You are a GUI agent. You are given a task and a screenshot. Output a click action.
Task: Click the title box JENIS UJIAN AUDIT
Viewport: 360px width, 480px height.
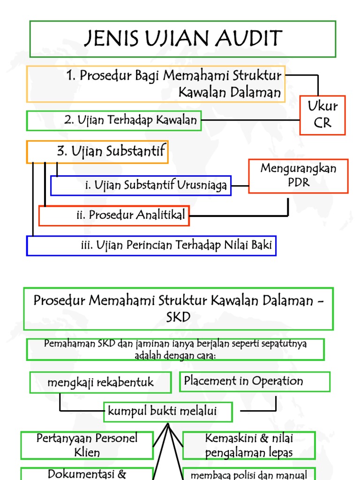click(183, 39)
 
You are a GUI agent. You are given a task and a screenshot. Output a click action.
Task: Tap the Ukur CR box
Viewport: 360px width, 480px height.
click(322, 115)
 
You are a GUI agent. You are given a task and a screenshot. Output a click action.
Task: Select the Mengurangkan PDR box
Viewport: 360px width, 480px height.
click(298, 176)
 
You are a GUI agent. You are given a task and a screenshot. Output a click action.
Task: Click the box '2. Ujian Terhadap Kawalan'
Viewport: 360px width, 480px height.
click(114, 120)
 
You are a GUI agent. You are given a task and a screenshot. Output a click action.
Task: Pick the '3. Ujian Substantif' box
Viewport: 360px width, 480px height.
click(97, 152)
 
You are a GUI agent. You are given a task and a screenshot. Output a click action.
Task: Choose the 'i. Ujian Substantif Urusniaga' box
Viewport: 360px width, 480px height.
click(141, 186)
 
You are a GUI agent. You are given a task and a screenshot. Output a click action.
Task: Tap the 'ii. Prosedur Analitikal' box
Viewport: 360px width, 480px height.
click(114, 216)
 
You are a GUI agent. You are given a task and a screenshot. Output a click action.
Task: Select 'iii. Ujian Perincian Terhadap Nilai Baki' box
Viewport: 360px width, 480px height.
click(151, 246)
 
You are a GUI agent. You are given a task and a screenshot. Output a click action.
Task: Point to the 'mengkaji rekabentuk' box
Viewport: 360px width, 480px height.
click(100, 382)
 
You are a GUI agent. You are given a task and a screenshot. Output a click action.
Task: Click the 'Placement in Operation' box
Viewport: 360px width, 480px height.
click(255, 382)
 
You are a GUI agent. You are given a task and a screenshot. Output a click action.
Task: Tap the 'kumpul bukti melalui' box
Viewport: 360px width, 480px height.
click(168, 412)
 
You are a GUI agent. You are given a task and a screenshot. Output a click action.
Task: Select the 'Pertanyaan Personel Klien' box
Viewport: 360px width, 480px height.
click(87, 445)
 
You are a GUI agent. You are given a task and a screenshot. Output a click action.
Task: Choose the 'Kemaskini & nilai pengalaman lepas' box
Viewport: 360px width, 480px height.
click(249, 445)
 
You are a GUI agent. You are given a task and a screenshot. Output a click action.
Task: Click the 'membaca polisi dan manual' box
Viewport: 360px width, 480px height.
click(249, 474)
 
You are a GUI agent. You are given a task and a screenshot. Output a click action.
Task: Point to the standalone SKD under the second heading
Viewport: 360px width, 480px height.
click(178, 317)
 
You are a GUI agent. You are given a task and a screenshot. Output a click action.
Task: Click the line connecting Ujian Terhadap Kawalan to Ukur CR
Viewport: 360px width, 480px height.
click(251, 120)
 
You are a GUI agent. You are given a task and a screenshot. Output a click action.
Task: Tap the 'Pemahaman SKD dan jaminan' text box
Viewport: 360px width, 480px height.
click(175, 350)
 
